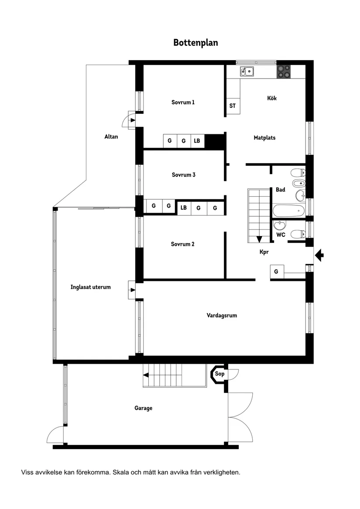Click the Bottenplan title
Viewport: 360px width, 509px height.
[x=195, y=43]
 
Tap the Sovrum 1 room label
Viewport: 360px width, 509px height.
[x=183, y=102]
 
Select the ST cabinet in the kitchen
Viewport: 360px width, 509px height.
[x=233, y=106]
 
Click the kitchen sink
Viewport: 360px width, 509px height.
[x=247, y=71]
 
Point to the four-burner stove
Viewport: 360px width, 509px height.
[x=284, y=71]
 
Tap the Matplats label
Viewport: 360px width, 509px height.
[x=264, y=138]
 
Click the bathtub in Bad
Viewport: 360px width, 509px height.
[x=288, y=211]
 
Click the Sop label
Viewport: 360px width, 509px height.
[x=219, y=374]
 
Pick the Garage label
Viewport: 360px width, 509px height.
[x=143, y=408]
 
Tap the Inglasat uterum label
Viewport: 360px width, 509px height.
[x=90, y=287]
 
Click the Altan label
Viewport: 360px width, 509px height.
[x=111, y=137]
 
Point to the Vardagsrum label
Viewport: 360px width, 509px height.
[x=222, y=315]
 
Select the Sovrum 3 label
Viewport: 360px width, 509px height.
[x=183, y=175]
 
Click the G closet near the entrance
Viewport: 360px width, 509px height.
[x=276, y=271]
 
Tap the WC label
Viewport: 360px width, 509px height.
[x=281, y=235]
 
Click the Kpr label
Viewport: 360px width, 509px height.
[x=264, y=252]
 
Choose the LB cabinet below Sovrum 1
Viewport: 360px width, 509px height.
[x=197, y=141]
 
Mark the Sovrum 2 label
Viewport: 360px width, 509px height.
[x=182, y=244]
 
